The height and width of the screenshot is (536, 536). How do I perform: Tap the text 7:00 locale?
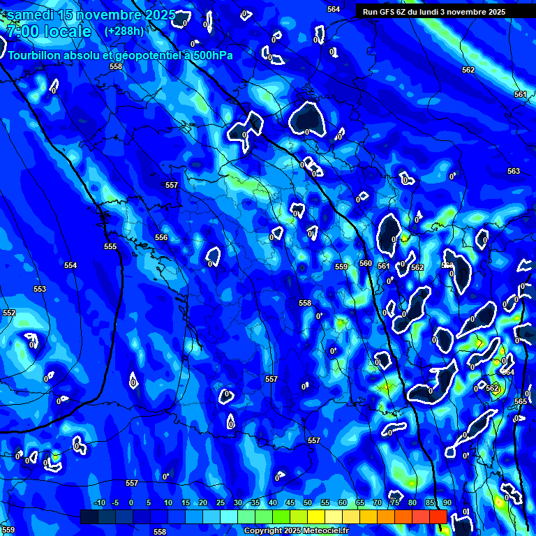[x=47, y=31]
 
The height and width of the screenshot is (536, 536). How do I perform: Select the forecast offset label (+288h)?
[x=124, y=31]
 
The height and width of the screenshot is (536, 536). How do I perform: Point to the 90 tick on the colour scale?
[x=447, y=503]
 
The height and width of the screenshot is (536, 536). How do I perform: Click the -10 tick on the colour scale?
[x=98, y=503]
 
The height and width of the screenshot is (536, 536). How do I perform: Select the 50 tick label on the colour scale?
[x=308, y=503]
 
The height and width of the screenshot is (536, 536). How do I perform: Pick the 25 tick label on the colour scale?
[x=221, y=503]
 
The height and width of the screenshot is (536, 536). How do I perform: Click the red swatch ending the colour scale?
[x=438, y=516]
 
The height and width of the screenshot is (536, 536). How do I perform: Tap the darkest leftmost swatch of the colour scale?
[x=89, y=516]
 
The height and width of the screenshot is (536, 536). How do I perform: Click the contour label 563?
[x=514, y=171]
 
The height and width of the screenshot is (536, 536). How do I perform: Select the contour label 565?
[x=521, y=401]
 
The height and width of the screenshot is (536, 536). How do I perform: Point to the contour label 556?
[x=161, y=238]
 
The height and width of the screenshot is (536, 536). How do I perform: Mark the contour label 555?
[x=110, y=246]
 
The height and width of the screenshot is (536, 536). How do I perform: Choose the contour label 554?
[x=70, y=266]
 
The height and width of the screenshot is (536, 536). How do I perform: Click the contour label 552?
[x=8, y=313]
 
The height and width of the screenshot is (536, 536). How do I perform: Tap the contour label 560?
[x=366, y=263]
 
